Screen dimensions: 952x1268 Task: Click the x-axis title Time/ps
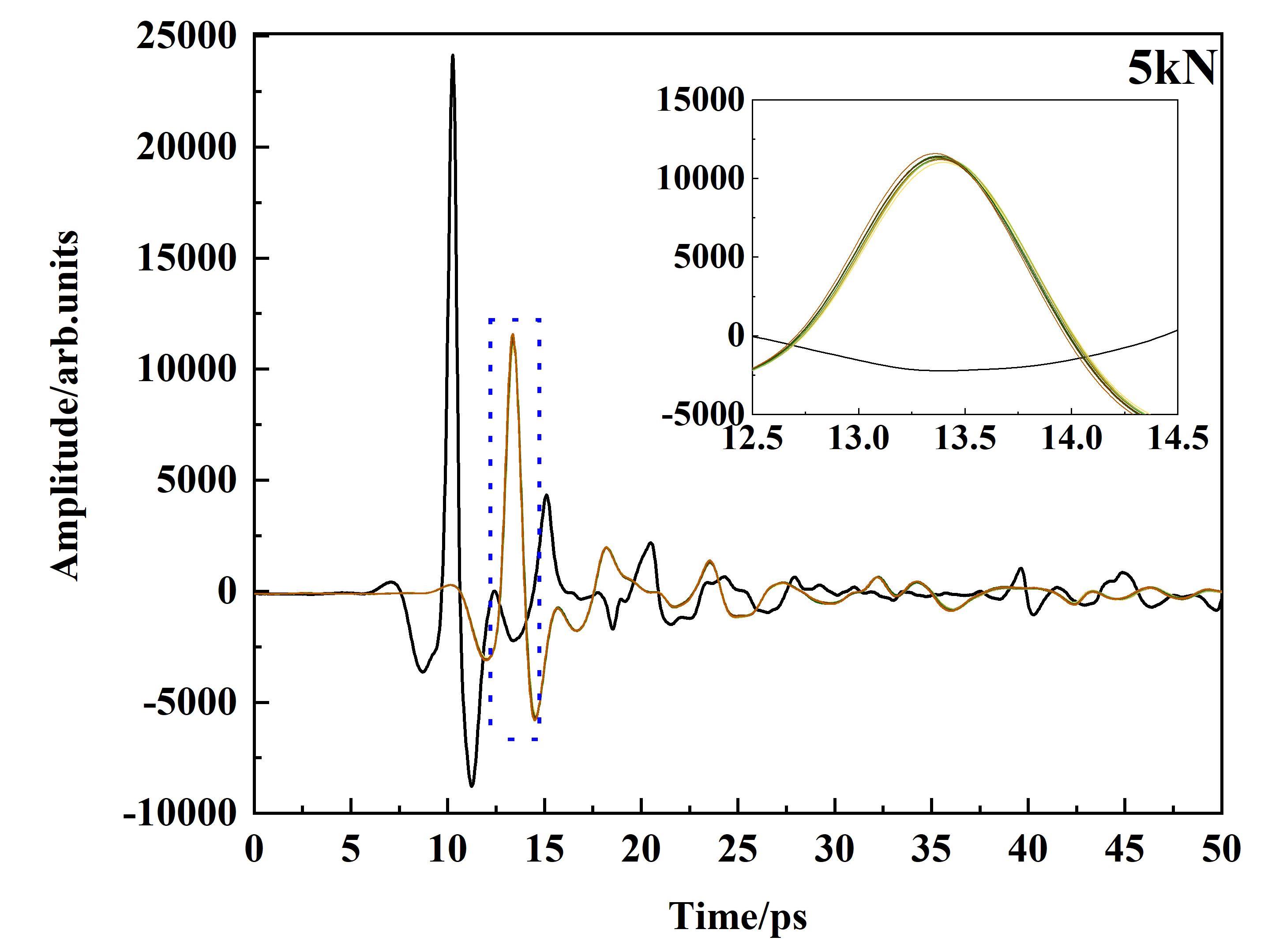click(738, 916)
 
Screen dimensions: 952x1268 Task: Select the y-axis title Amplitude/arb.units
click(65, 406)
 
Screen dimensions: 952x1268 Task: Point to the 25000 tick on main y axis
click(186, 36)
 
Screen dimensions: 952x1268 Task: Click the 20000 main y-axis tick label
click(186, 147)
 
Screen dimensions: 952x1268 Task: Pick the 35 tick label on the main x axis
click(931, 849)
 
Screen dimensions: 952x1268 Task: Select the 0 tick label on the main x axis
click(254, 849)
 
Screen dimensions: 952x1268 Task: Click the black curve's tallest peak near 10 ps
click(452, 56)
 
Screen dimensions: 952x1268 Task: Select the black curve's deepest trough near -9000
click(472, 786)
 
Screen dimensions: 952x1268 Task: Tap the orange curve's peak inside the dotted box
click(513, 335)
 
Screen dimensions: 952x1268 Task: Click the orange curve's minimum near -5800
click(534, 719)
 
